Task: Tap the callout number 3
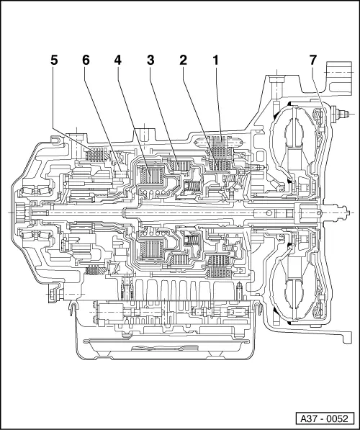pos(150,62)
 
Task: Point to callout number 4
pos(117,62)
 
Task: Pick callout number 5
pos(53,62)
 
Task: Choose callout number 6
pos(86,62)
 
